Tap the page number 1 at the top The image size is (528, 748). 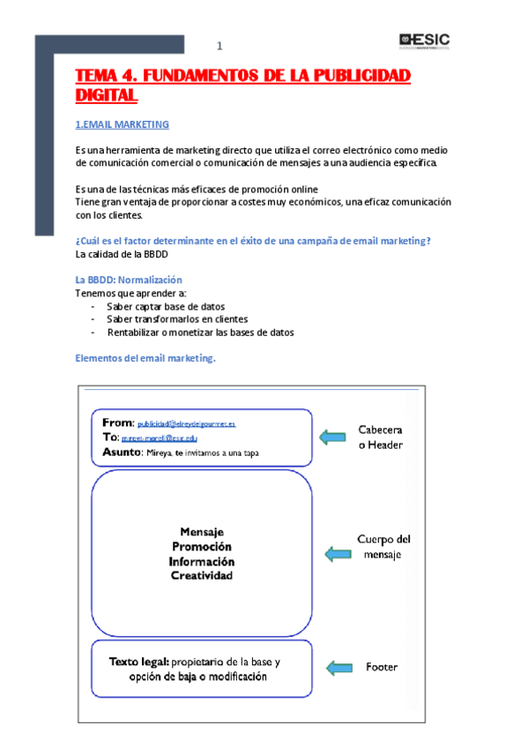(x=220, y=47)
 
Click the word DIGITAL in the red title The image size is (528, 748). (x=106, y=94)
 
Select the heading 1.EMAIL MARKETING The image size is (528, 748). (x=122, y=124)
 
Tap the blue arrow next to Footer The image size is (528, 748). (x=341, y=668)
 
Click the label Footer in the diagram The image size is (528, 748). (x=382, y=667)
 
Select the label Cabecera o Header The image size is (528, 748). (x=380, y=438)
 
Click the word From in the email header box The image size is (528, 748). (x=116, y=423)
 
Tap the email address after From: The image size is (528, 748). (x=186, y=424)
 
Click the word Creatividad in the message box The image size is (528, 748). (x=202, y=576)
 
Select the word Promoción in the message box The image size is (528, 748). (x=202, y=547)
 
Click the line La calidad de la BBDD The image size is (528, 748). (x=122, y=254)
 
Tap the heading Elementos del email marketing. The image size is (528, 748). (x=145, y=358)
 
